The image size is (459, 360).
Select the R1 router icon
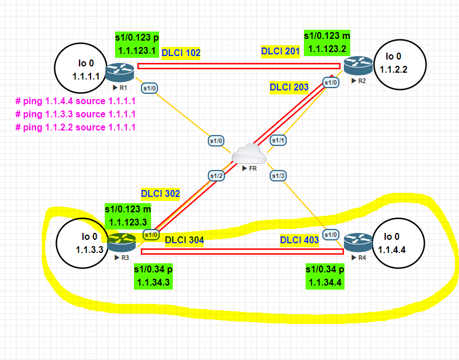point(121,72)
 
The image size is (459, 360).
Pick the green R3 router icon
point(121,242)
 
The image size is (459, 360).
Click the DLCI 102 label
point(181,53)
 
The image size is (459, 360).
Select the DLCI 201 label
point(280,52)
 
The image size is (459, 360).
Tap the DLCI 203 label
point(289,88)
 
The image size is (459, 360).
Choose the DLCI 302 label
point(160,194)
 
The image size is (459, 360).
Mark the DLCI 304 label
point(184,240)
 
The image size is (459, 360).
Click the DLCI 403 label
point(299,240)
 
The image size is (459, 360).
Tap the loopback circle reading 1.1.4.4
point(399,242)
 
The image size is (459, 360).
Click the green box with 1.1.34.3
point(153,276)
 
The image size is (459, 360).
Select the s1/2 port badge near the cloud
point(216,175)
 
